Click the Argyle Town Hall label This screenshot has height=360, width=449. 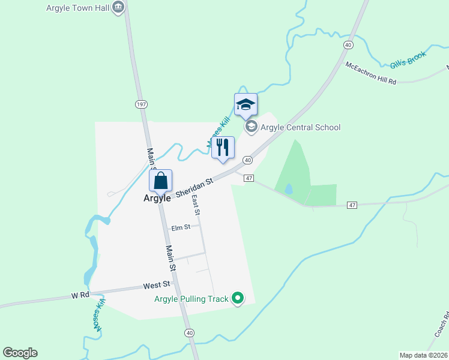point(78,8)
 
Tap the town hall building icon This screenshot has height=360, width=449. point(118,7)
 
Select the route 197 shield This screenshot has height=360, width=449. point(141,104)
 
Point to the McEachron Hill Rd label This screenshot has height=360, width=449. point(371,73)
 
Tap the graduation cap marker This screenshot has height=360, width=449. point(246,105)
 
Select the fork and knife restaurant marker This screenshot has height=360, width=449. point(223,148)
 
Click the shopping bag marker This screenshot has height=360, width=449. point(161,180)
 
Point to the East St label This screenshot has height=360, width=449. point(195,206)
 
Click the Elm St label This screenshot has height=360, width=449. point(180,228)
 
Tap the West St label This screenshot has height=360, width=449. point(157,284)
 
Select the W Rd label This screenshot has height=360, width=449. point(80,295)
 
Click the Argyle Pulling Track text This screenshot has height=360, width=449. point(191,299)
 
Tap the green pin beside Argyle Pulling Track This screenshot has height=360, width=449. point(238,298)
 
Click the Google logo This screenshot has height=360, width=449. point(20,353)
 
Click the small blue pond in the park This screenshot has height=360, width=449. point(289,188)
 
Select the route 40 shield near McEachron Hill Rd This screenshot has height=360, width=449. point(348,45)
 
